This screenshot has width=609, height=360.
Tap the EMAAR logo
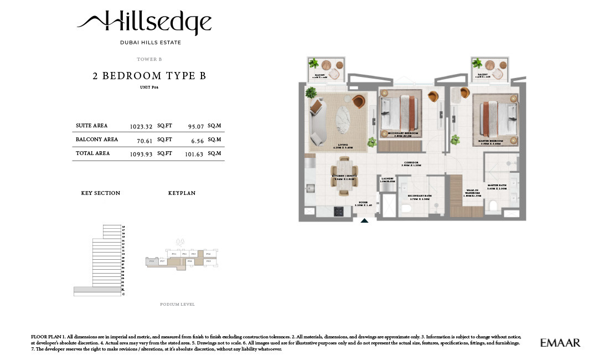560,343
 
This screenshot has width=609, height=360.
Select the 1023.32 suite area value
141,126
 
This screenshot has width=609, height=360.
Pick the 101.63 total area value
194,153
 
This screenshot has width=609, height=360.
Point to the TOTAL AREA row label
92,153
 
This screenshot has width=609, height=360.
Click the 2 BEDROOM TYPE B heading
149,76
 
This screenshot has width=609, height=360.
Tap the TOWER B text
149,59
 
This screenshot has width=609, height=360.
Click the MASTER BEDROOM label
491,142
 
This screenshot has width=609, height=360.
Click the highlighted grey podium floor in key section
97,290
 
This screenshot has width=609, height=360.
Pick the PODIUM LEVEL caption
177,305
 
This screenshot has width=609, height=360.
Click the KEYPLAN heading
182,193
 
